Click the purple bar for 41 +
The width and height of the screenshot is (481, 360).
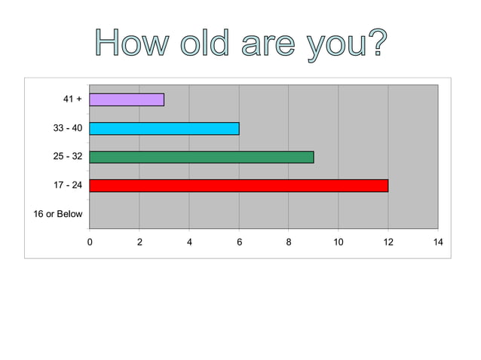coord(127,99)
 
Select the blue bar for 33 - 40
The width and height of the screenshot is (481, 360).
coord(164,128)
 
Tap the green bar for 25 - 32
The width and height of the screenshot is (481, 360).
coord(201,157)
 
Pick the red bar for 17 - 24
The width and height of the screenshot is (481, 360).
coord(239,185)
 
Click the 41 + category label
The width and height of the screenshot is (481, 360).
coord(72,99)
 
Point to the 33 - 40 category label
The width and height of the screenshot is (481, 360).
coord(68,128)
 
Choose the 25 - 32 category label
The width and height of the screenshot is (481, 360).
coord(68,157)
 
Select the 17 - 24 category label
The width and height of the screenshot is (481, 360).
coord(68,185)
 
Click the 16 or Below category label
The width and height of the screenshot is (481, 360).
coord(58,214)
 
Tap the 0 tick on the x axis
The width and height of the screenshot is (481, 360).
coord(90,241)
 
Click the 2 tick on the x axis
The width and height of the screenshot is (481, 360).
coord(139,241)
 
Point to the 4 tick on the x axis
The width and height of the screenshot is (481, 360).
coord(189,241)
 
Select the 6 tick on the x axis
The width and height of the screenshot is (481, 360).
coord(239,241)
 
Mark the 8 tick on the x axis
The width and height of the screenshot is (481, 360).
coord(289,241)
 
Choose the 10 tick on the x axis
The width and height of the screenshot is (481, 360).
coord(339,241)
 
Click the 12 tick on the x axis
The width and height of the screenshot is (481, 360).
coord(388,241)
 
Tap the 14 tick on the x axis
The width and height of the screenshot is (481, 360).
coord(438,241)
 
